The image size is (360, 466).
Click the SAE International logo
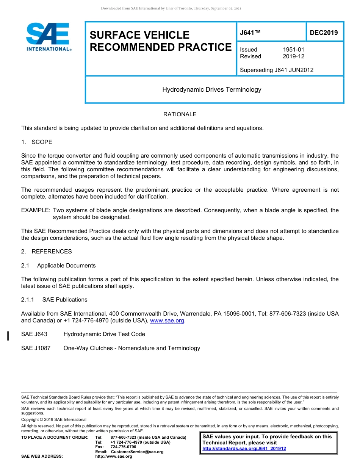pos(49,37)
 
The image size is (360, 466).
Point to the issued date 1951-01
pos(293,50)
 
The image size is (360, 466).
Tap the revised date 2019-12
pos(293,56)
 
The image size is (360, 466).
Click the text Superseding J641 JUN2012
pos(277,70)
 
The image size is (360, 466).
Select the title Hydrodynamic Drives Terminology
pos(212,90)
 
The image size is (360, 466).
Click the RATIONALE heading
pos(180,114)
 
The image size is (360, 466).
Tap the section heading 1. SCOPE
pos(37,142)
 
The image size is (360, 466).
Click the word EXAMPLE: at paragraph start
pos(36,210)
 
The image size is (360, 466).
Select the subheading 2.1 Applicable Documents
pos(58,266)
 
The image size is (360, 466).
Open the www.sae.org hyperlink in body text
pos(167,321)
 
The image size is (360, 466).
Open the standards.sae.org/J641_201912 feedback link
pos(244,449)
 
